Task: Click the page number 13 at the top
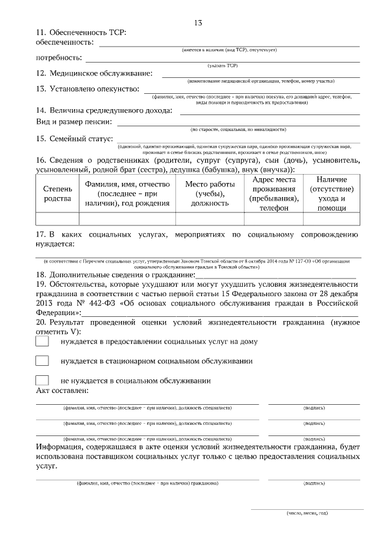coord(198,22)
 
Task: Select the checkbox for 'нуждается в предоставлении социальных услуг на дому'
coord(42,341)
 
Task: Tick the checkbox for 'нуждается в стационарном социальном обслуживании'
coord(42,361)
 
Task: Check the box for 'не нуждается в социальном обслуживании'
coord(42,380)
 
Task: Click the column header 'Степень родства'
coord(57,194)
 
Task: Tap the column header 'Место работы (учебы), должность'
coord(210,194)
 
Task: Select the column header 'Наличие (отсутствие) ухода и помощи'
coord(331,194)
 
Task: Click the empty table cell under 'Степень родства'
coord(57,219)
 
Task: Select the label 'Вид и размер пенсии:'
coord(74,122)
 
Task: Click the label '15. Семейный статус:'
coord(74,139)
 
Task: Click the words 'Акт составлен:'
coord(62,391)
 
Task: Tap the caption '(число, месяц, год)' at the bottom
coord(307,513)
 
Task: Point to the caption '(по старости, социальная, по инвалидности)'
coord(238,129)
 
